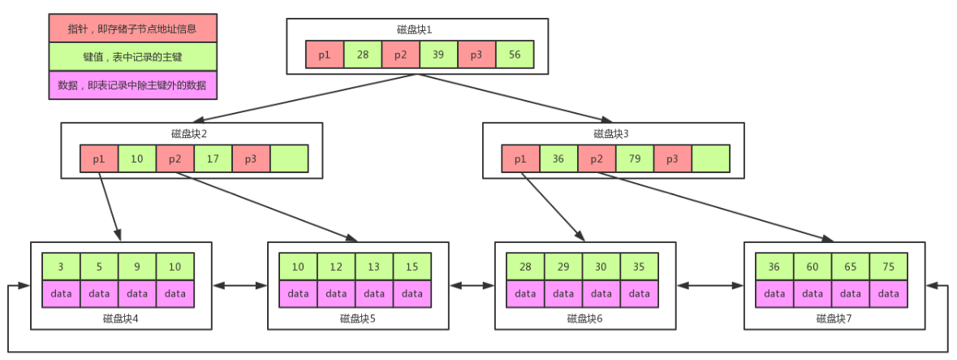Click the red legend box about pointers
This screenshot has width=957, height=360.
(x=133, y=28)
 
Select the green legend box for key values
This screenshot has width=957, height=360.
(x=133, y=57)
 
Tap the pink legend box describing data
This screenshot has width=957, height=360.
(x=133, y=85)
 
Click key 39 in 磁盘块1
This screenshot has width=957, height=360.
(x=438, y=54)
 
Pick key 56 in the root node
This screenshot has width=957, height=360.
(x=514, y=54)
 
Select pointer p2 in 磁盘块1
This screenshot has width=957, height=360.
(x=400, y=54)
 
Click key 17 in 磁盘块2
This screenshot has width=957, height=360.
(x=213, y=158)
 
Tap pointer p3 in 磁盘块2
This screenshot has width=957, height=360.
(x=251, y=158)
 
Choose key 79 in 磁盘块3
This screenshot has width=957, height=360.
(x=635, y=158)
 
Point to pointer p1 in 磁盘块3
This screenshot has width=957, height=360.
(x=520, y=158)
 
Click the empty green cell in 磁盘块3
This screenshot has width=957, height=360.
(x=711, y=158)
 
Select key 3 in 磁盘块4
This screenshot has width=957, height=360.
(x=62, y=267)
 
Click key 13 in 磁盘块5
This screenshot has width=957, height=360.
(x=374, y=267)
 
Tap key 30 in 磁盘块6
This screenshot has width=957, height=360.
(x=601, y=267)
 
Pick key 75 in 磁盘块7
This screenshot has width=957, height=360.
(x=888, y=267)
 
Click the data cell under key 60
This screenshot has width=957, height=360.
(x=813, y=293)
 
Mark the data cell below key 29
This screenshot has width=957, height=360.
(x=563, y=293)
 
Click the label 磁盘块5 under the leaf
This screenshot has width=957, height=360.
(x=358, y=319)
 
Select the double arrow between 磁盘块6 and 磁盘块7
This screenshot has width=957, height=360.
(x=710, y=285)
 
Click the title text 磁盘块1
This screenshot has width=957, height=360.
(x=415, y=29)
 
